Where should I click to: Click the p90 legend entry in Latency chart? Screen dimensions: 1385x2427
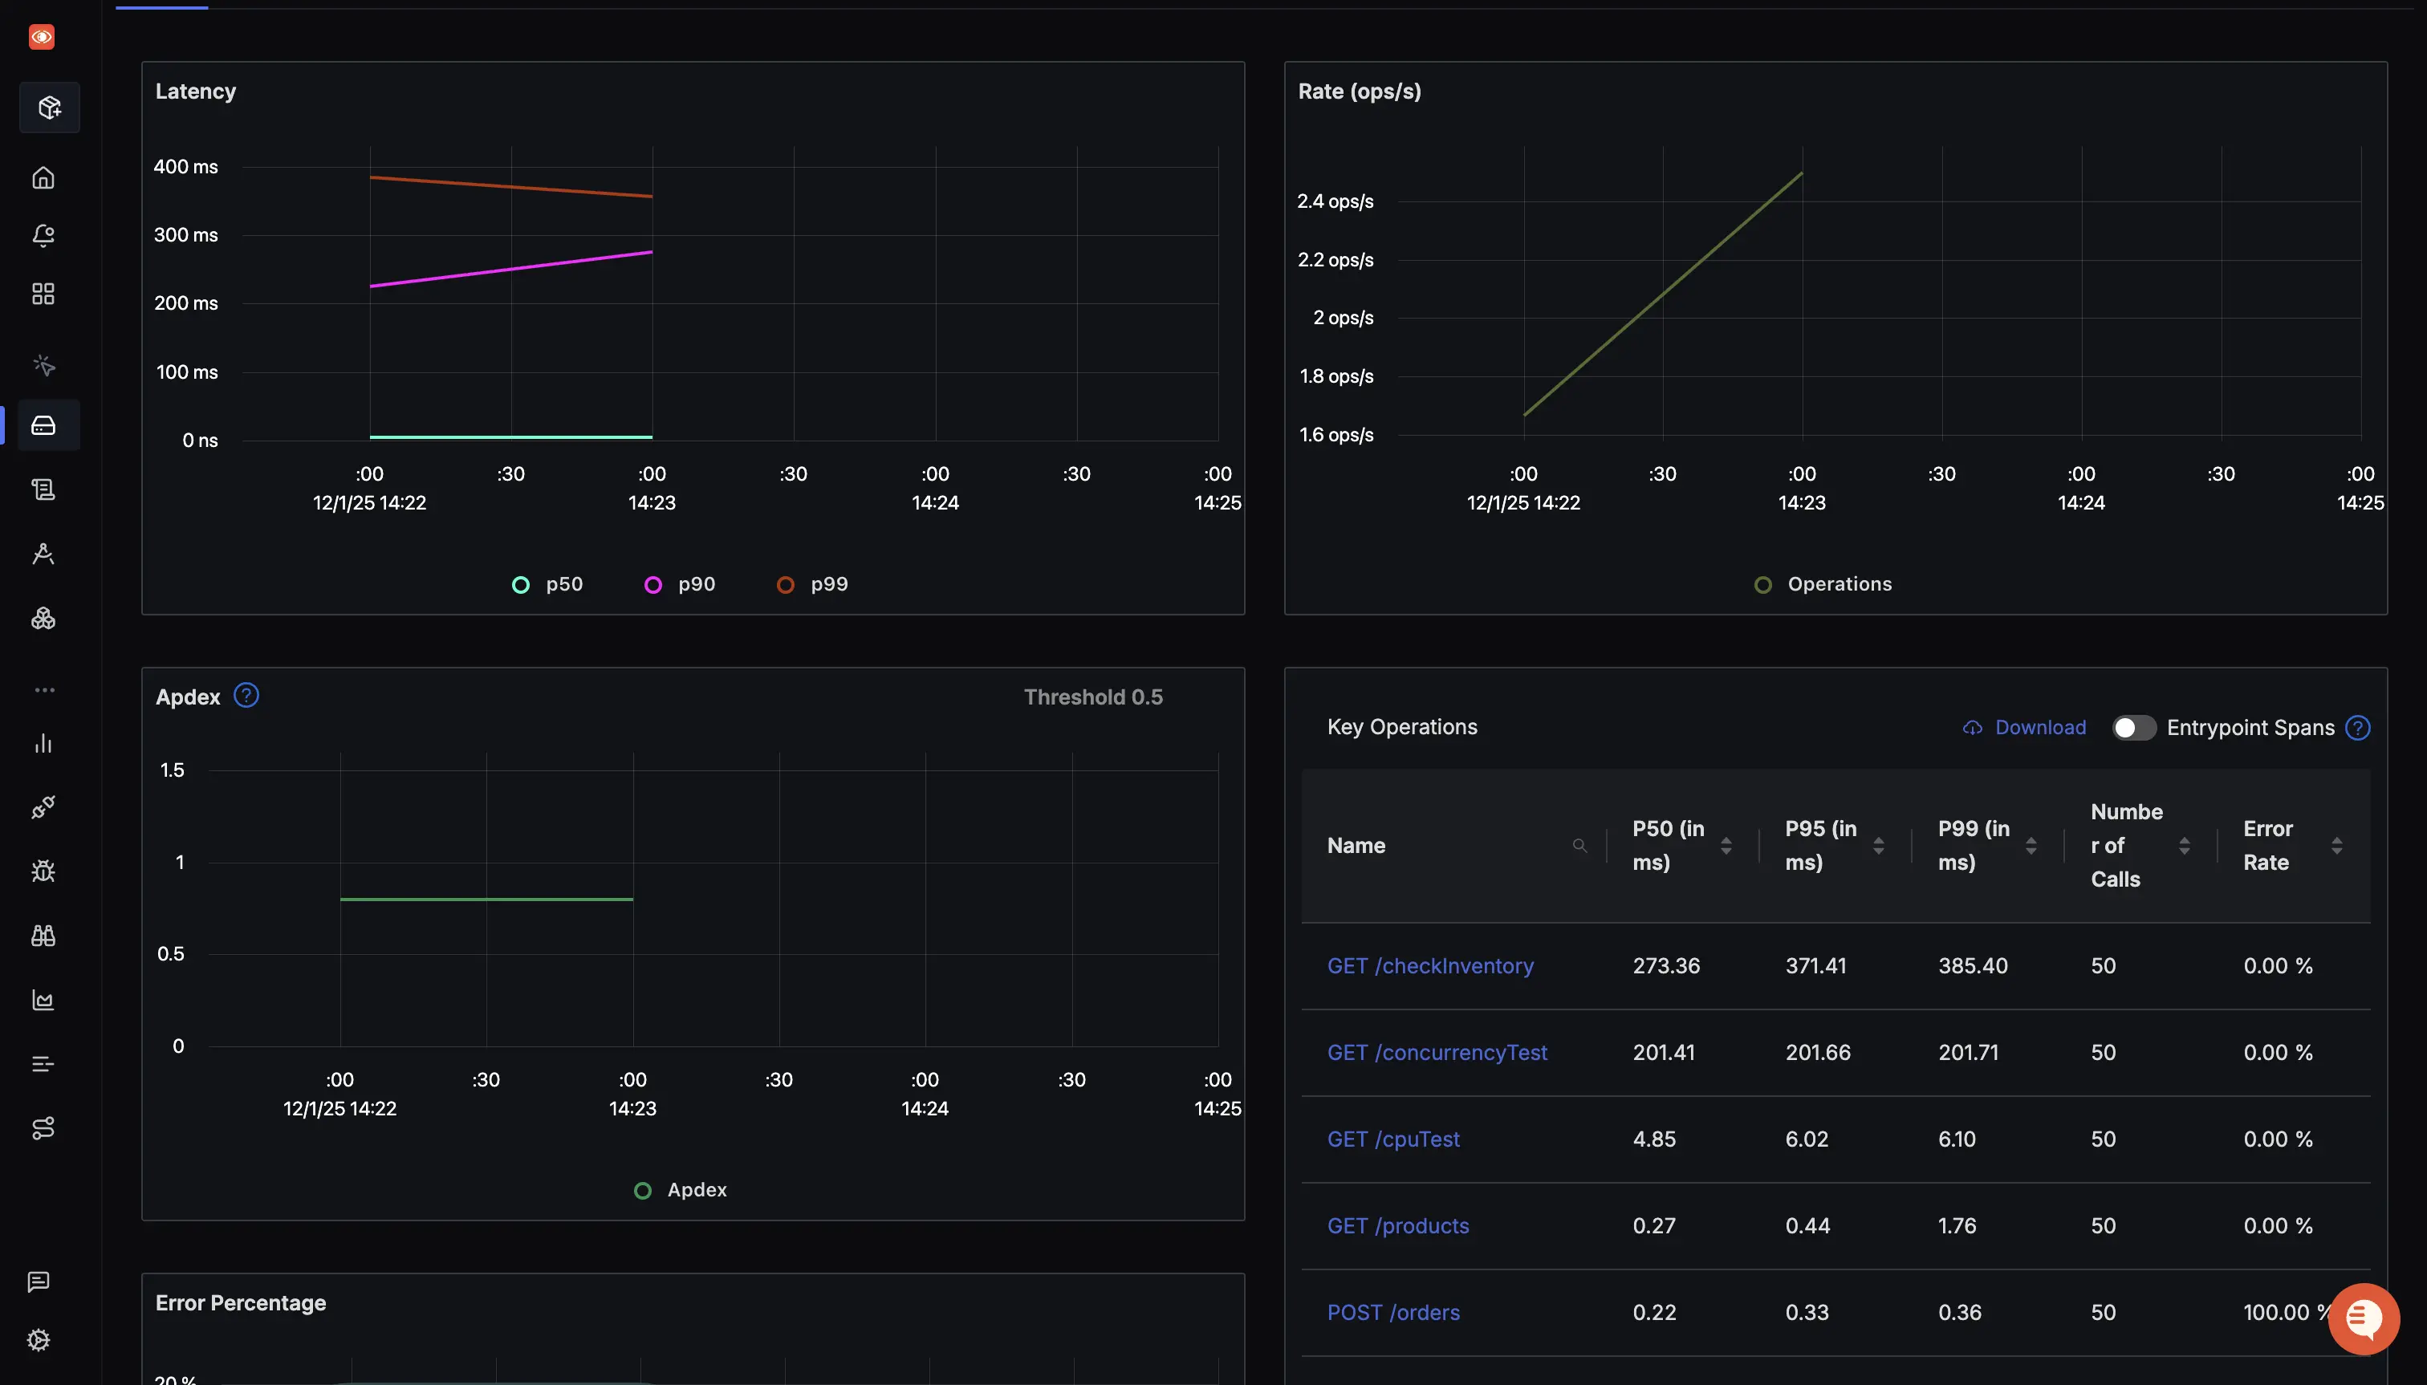tap(681, 584)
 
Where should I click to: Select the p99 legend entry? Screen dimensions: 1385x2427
tap(814, 584)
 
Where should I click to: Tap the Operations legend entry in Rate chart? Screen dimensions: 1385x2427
tap(1823, 584)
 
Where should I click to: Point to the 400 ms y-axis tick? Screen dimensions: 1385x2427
tap(185, 166)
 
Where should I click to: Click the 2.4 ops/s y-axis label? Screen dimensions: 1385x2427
tap(1335, 201)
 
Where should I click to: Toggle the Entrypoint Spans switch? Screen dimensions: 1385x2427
tap(2134, 728)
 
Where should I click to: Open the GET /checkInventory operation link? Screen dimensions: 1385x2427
tap(1430, 965)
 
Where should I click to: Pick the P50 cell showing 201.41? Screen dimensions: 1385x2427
tap(1664, 1052)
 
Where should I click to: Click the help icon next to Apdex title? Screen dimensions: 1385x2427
tap(246, 696)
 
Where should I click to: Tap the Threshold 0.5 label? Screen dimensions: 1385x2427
tap(1093, 697)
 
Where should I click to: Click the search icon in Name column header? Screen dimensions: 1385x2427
tap(1579, 846)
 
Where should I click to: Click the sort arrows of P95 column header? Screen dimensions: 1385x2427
tap(1879, 846)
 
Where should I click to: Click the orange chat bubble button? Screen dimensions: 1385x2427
tap(2364, 1318)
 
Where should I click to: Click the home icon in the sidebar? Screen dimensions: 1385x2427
tap(43, 178)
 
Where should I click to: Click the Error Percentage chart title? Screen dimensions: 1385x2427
tap(241, 1302)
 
